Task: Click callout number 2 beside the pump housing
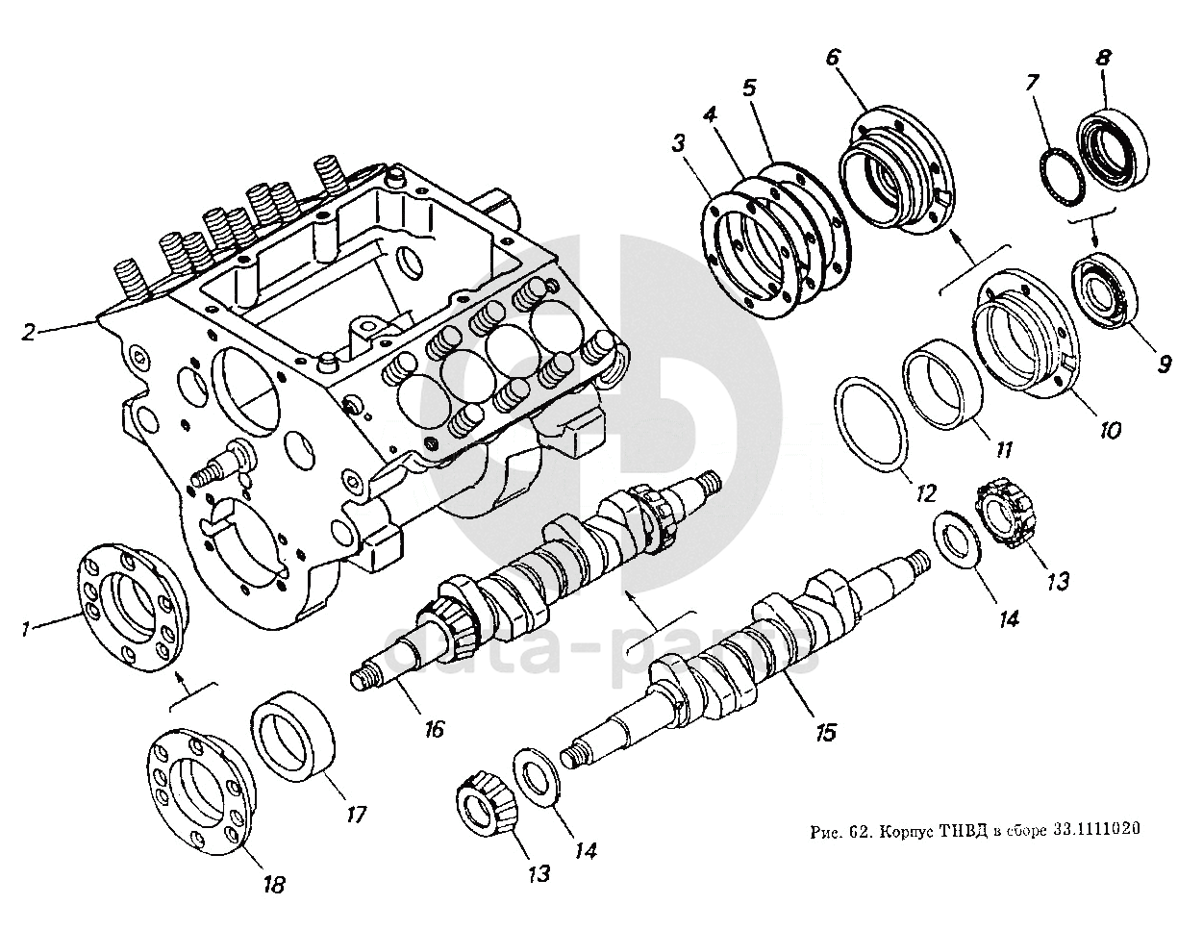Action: tap(29, 333)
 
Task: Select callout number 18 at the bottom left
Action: tap(274, 884)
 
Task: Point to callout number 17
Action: tap(357, 815)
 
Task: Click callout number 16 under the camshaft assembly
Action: tap(434, 729)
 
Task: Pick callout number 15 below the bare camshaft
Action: tap(824, 733)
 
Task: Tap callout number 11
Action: tap(1005, 450)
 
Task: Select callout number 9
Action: tap(1163, 364)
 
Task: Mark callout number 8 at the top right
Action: tap(1102, 57)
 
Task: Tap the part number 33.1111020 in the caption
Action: tap(1095, 831)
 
